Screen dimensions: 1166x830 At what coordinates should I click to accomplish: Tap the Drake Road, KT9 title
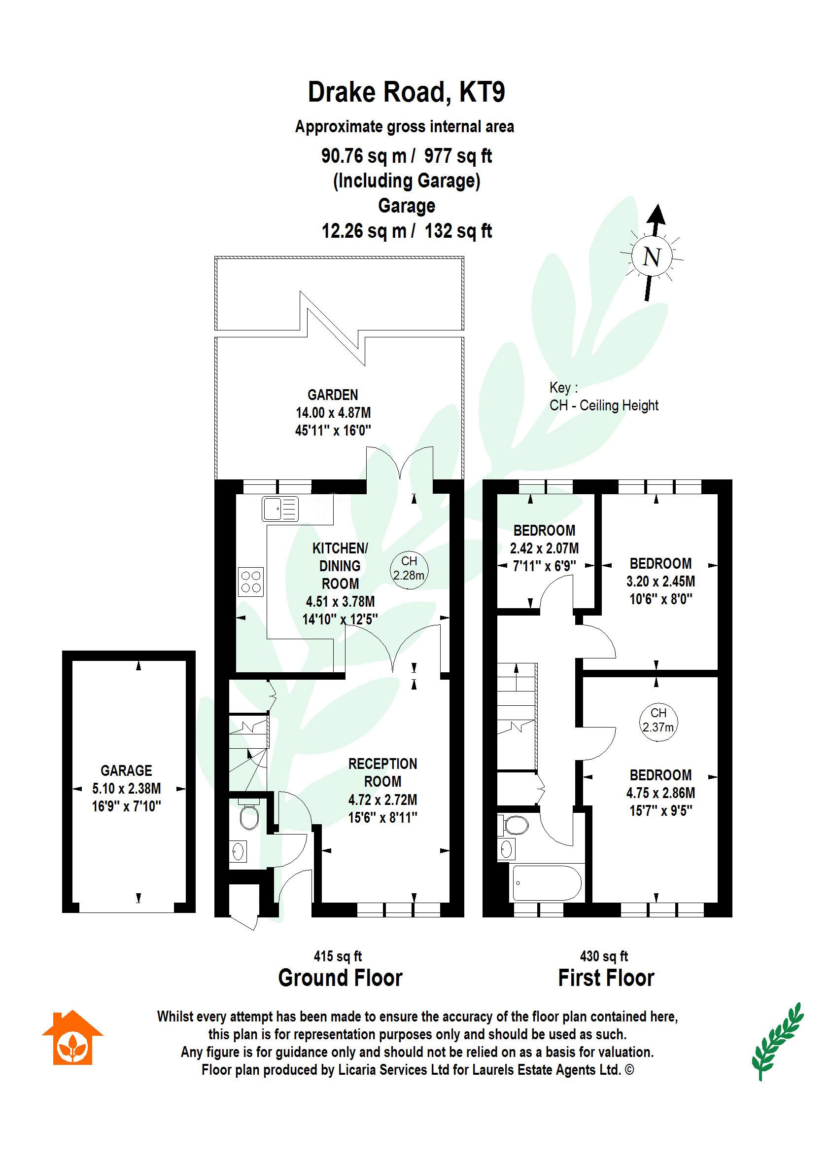406,93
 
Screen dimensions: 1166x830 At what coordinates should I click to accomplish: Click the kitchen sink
280,510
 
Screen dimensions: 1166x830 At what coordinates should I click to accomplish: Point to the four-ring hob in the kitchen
251,582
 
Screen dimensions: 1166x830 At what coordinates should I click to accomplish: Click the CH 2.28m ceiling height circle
409,568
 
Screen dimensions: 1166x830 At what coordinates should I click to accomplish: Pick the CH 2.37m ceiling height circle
658,720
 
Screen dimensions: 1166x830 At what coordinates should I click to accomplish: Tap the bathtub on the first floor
547,883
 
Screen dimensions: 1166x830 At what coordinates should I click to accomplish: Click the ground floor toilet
249,817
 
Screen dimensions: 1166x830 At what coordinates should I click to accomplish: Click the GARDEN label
333,395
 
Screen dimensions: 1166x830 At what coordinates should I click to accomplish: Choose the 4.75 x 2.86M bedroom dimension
660,793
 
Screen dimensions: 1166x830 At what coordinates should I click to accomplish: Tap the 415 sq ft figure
338,956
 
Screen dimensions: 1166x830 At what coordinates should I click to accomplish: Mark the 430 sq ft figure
604,956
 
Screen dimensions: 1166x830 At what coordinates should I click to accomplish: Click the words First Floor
606,978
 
